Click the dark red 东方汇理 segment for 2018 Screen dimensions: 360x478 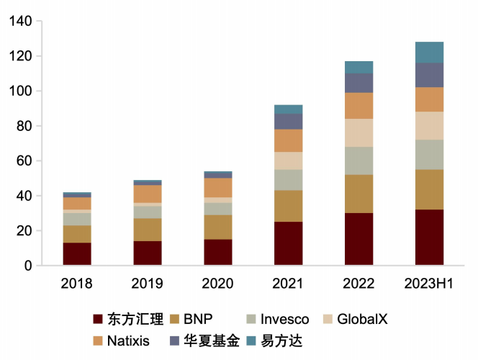tap(77, 254)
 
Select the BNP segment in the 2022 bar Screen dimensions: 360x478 tap(358, 194)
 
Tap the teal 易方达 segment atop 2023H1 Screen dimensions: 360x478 tap(429, 53)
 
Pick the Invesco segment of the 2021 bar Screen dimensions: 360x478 tap(288, 180)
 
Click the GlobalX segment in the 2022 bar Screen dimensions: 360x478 tap(358, 133)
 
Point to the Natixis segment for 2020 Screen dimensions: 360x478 tap(217, 188)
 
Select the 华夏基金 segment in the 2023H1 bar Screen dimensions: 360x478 tap(429, 75)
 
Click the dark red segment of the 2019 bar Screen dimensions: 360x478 tap(148, 253)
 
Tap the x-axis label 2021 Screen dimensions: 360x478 tap(288, 284)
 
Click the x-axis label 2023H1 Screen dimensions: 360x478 tap(429, 284)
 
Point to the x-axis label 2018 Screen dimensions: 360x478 tap(77, 284)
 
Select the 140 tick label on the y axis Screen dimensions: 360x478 tap(21, 22)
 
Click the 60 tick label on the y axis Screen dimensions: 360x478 tap(24, 161)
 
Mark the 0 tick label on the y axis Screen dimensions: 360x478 tap(27, 266)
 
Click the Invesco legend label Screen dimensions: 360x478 tap(284, 319)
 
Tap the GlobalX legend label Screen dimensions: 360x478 tap(361, 319)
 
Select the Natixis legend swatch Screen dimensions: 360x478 tap(99, 341)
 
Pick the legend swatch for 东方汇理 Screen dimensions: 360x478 tap(99, 319)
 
